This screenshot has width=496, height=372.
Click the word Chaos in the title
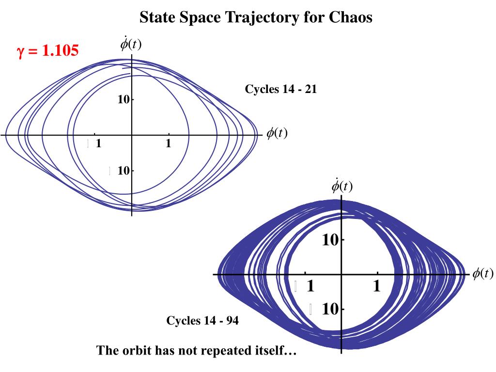351,17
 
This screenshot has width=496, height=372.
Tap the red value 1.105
60,50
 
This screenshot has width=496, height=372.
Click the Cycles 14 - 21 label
281,89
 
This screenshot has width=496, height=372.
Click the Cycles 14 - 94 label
202,321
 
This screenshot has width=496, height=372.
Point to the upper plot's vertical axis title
131,45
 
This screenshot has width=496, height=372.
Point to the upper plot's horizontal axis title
277,134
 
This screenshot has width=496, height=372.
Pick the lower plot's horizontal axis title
482,274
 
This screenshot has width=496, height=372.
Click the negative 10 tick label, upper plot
123,170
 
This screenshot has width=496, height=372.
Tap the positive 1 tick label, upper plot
168,144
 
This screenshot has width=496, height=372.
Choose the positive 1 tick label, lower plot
377,287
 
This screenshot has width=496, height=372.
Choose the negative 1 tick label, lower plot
310,287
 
